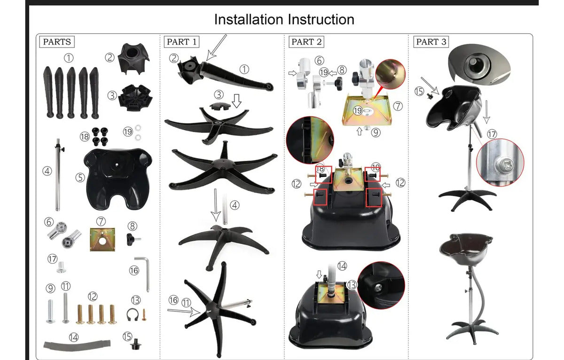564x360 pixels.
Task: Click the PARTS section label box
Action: pyautogui.click(x=57, y=42)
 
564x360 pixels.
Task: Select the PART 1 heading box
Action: pyautogui.click(x=181, y=42)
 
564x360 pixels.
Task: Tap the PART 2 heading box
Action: pyautogui.click(x=306, y=42)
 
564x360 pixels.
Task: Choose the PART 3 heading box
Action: pyautogui.click(x=431, y=42)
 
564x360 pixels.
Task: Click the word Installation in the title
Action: pyautogui.click(x=249, y=19)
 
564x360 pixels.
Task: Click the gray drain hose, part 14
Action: pyautogui.click(x=77, y=344)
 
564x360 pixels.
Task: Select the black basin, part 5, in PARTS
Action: pyautogui.click(x=118, y=179)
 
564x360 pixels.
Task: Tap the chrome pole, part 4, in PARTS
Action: pyautogui.click(x=58, y=175)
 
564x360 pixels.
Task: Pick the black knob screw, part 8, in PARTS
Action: pyautogui.click(x=133, y=239)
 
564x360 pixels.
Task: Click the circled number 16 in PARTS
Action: pyautogui.click(x=134, y=271)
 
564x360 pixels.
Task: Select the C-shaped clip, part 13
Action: pyautogui.click(x=133, y=315)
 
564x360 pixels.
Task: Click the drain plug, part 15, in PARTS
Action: pyautogui.click(x=136, y=344)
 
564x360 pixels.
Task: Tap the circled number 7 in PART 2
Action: pyautogui.click(x=398, y=106)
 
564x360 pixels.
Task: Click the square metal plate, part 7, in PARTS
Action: pyautogui.click(x=102, y=239)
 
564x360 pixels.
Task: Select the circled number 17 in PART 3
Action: pyautogui.click(x=492, y=134)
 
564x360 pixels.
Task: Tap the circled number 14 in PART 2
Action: pyautogui.click(x=342, y=266)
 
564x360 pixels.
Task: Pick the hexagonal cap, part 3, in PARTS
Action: pyautogui.click(x=135, y=98)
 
